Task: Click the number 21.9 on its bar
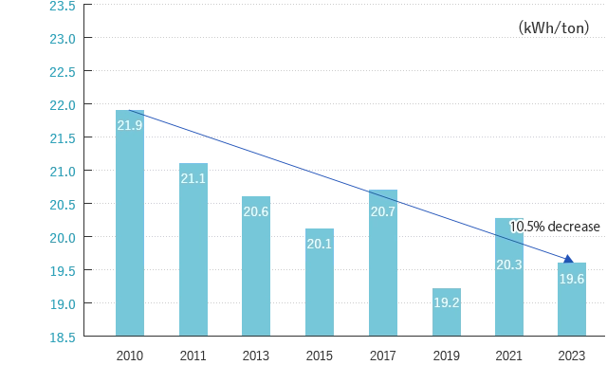pyautogui.click(x=130, y=125)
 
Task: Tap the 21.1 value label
pyautogui.click(x=193, y=178)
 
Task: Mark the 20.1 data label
pyautogui.click(x=319, y=245)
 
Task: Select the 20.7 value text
pyautogui.click(x=383, y=211)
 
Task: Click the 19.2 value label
pyautogui.click(x=447, y=303)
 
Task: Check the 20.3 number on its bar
pyautogui.click(x=509, y=265)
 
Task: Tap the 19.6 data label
pyautogui.click(x=572, y=279)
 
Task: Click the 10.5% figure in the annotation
pyautogui.click(x=526, y=228)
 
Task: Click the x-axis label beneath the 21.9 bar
pyautogui.click(x=129, y=356)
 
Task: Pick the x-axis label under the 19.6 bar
pyautogui.click(x=572, y=356)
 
